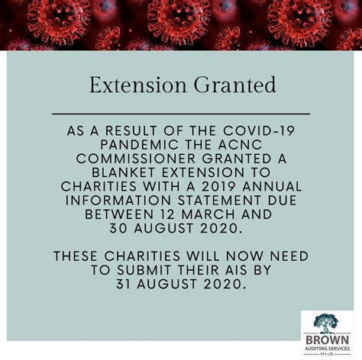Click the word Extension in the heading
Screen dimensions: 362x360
[x=138, y=85]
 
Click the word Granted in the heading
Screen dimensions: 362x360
[x=235, y=85]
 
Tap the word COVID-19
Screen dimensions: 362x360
[x=259, y=131]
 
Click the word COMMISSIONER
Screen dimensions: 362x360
[x=136, y=159]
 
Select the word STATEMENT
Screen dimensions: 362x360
[x=219, y=201]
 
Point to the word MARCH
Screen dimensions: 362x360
[x=208, y=214]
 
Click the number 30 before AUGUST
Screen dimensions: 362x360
[x=118, y=228]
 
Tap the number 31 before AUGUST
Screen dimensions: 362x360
[x=124, y=284]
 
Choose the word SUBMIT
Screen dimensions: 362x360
[x=144, y=270]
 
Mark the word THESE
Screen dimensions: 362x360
[x=76, y=256]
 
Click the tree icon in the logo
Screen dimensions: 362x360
[x=326, y=323]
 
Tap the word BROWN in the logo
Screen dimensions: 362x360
[x=328, y=340]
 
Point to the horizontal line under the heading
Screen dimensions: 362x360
[x=181, y=114]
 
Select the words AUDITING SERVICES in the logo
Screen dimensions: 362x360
[x=328, y=349]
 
